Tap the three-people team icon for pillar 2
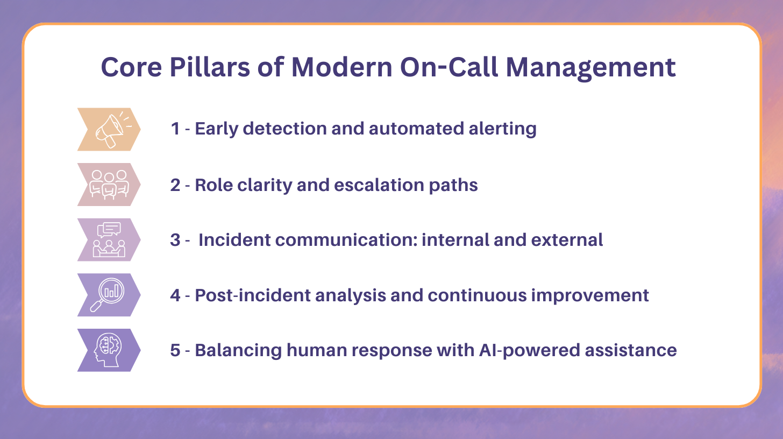(x=109, y=185)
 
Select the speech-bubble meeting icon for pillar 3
(x=109, y=240)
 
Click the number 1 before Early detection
(x=175, y=129)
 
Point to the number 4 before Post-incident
(x=175, y=295)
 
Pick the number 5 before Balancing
(x=175, y=350)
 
